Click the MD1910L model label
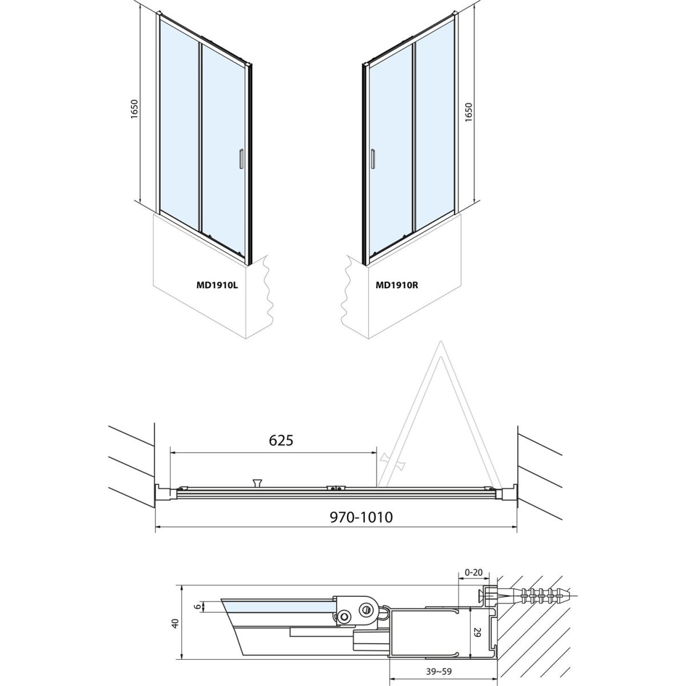click(217, 285)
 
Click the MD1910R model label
click(397, 285)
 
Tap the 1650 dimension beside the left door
click(134, 109)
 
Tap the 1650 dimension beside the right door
click(469, 113)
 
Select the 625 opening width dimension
click(281, 440)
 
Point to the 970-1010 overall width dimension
click(361, 517)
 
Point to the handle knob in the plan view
click(257, 482)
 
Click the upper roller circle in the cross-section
click(366, 609)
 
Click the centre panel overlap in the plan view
click(336, 488)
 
